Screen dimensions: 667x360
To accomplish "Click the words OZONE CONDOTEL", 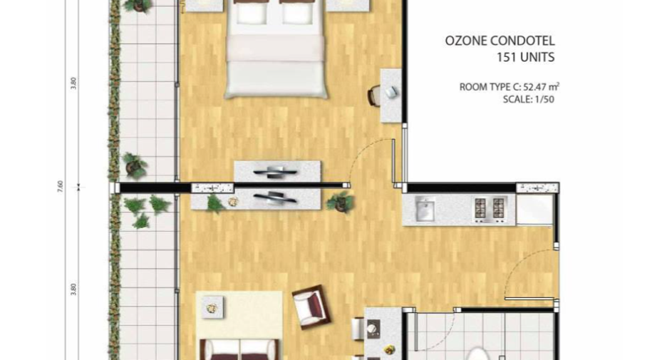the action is [500, 41].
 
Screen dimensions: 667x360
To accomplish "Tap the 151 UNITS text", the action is [526, 57].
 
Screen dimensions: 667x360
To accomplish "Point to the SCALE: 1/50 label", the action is [528, 100].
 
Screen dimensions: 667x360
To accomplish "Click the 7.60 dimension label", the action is [60, 186].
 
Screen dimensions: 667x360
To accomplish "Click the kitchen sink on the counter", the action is [424, 209].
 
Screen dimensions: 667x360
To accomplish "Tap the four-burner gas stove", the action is [490, 210].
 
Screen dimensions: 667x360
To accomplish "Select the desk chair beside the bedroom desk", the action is [374, 96].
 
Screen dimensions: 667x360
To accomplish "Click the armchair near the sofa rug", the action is [310, 307].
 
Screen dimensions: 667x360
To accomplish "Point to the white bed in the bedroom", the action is [276, 49].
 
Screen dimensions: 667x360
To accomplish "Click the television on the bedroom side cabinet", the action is [275, 172].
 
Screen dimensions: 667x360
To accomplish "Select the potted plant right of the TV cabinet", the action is [341, 202].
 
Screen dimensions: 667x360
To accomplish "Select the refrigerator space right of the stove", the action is [534, 210].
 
